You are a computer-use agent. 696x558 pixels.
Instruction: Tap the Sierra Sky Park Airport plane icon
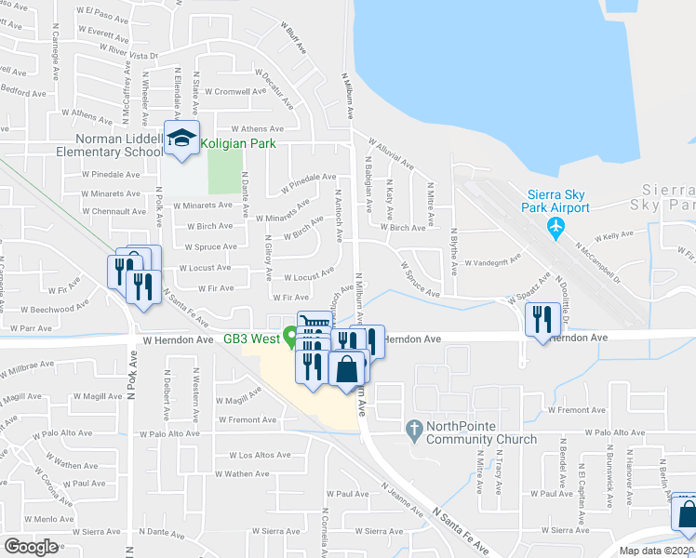pos(556,226)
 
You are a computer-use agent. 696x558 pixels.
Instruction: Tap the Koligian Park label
pos(237,144)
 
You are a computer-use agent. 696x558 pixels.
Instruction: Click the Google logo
pos(31,547)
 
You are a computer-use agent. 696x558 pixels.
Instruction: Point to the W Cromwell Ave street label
pos(235,92)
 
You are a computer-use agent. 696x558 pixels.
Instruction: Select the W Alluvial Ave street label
pos(391,155)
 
